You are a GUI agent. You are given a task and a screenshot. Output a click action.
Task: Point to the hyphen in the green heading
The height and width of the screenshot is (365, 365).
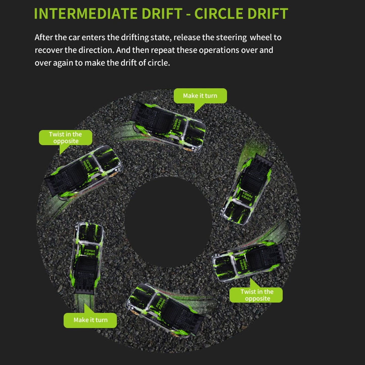click(188, 14)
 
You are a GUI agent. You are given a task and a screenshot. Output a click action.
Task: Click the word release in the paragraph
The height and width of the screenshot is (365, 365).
click(186, 37)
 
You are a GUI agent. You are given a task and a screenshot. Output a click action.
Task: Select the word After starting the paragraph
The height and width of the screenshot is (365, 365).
click(43, 37)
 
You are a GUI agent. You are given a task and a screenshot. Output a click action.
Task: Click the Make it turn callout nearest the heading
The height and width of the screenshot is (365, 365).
click(200, 96)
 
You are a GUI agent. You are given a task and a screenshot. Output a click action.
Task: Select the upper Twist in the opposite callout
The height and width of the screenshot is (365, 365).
click(65, 138)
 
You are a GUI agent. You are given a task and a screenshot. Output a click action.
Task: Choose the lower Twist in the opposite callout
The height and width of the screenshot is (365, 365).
click(256, 295)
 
